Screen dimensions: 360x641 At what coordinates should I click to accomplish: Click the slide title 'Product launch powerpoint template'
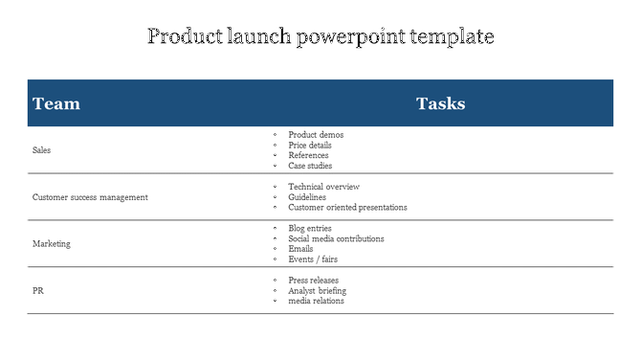[320, 37]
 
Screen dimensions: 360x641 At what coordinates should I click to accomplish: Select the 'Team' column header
[56, 103]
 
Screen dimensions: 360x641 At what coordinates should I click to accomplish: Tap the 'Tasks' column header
[440, 103]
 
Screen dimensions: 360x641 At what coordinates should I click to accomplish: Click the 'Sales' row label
[42, 150]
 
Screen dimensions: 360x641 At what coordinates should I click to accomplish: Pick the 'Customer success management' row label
[90, 197]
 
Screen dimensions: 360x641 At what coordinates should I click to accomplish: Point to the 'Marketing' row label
[52, 244]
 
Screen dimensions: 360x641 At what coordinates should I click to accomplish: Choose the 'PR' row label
[38, 290]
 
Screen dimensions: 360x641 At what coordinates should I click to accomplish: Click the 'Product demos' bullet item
[316, 135]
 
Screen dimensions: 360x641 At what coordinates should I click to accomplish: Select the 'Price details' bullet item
[312, 146]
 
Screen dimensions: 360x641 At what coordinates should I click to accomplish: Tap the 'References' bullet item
[308, 155]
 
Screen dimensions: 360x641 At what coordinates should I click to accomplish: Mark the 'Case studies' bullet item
[310, 166]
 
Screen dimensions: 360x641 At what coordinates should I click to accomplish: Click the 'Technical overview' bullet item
[323, 187]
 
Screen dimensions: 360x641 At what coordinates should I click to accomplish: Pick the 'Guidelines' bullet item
[307, 197]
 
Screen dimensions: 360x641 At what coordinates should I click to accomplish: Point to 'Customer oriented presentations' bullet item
[347, 207]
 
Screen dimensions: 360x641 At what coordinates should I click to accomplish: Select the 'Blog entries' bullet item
[310, 229]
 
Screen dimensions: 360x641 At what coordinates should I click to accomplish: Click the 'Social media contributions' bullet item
[336, 238]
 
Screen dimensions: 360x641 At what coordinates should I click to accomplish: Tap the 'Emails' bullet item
[300, 249]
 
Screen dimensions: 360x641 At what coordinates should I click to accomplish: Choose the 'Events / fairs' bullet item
[313, 259]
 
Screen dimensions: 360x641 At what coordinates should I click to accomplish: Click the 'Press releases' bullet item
[313, 281]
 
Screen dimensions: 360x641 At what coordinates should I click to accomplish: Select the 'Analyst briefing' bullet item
[317, 290]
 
